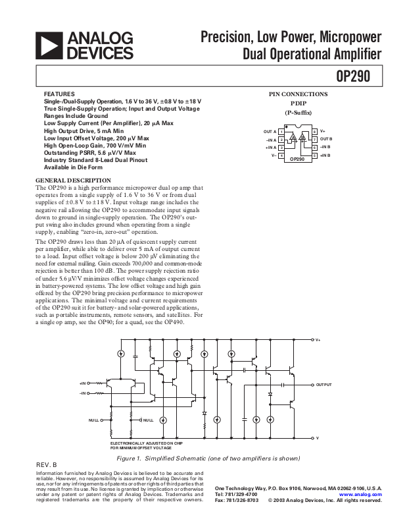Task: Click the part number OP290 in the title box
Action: pyautogui.click(x=353, y=76)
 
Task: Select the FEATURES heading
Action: pyautogui.click(x=59, y=94)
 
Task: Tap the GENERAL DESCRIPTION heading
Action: pyautogui.click(x=73, y=180)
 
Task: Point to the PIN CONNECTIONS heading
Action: pyautogui.click(x=299, y=94)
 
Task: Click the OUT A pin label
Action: pyautogui.click(x=270, y=132)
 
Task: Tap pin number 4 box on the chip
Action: pyautogui.click(x=281, y=155)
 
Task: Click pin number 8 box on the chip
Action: pyautogui.click(x=315, y=132)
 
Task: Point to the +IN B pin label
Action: pyautogui.click(x=325, y=155)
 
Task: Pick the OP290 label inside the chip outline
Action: pyautogui.click(x=298, y=159)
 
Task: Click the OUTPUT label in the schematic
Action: pyautogui.click(x=324, y=384)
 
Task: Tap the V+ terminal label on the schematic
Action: pyautogui.click(x=318, y=340)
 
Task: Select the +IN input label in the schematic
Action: pyautogui.click(x=83, y=383)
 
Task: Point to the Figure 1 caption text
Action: pyautogui.click(x=208, y=458)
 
